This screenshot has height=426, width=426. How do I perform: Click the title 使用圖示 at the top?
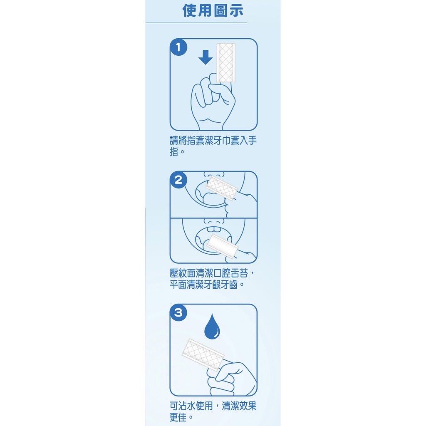213,11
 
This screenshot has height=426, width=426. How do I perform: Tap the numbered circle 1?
178,47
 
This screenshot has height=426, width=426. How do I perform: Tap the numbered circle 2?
178,180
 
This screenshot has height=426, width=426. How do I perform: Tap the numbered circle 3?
178,312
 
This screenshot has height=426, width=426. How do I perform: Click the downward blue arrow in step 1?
206,57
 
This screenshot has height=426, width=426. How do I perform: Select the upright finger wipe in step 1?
226,62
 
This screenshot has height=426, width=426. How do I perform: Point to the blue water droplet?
212,327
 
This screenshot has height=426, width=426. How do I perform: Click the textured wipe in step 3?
203,354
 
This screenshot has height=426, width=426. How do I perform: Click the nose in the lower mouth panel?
214,220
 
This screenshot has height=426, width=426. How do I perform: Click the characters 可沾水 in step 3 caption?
183,406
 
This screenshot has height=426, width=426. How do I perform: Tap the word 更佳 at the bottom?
178,417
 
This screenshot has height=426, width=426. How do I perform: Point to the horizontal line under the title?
196,23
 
